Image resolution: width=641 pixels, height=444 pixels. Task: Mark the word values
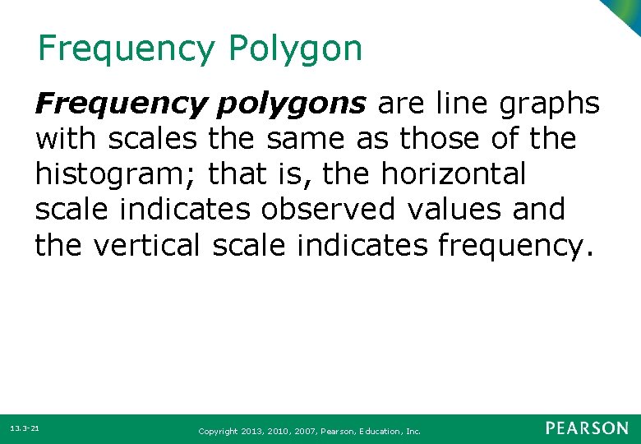click(x=459, y=210)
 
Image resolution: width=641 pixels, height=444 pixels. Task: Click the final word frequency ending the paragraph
click(x=507, y=244)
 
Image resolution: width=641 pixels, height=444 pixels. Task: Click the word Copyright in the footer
click(x=218, y=431)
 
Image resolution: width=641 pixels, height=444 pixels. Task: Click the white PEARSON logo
click(x=587, y=428)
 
